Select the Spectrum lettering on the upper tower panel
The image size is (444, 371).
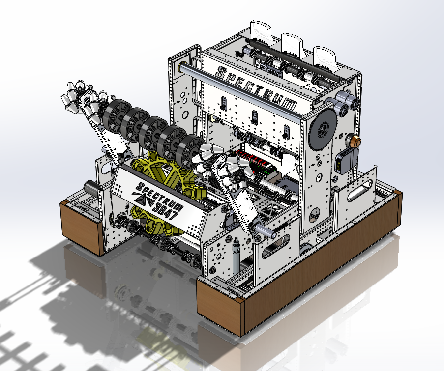(x=256, y=88)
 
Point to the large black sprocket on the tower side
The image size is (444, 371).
(x=323, y=130)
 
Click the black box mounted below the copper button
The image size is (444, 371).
(x=346, y=161)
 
